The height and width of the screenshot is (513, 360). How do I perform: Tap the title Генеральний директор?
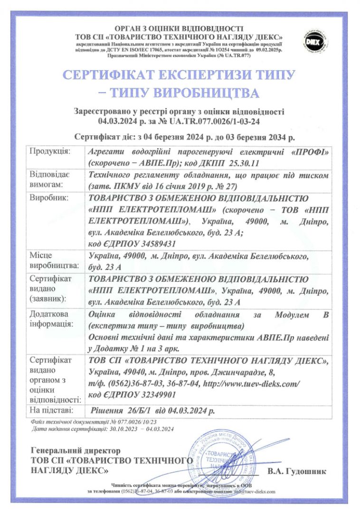point(76,450)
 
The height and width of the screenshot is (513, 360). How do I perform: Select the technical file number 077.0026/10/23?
point(136,421)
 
